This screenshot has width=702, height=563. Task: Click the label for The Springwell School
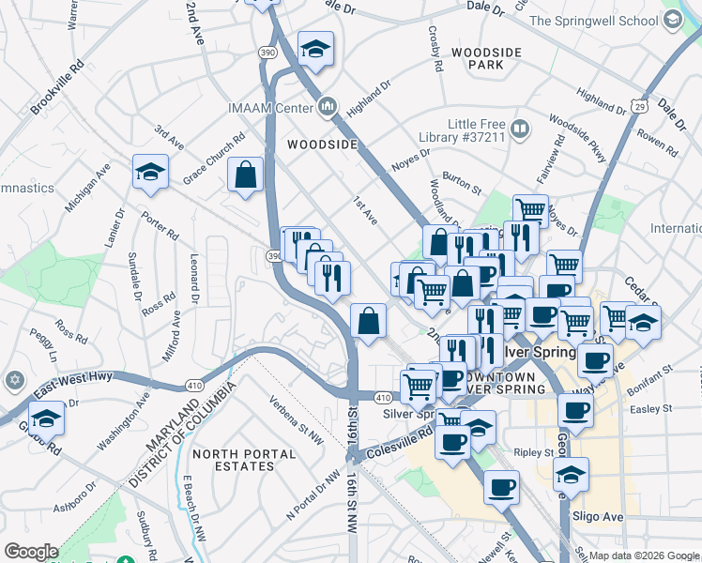point(607,21)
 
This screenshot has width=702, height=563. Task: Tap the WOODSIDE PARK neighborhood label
point(477,58)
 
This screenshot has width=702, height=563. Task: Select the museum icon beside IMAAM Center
point(328,108)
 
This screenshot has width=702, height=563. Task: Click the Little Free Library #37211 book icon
point(519,127)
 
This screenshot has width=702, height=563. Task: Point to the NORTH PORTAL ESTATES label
point(243,462)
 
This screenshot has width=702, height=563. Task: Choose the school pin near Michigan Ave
point(150,172)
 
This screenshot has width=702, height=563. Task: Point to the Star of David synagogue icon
point(13,380)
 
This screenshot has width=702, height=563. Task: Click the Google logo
point(32,552)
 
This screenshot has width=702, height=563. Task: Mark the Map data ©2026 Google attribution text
point(643,555)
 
